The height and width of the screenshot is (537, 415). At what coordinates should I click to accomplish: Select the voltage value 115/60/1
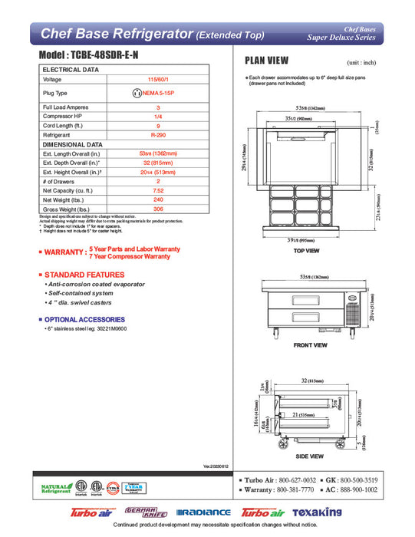[158, 79]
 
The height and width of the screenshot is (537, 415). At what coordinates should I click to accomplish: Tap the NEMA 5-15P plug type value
[158, 93]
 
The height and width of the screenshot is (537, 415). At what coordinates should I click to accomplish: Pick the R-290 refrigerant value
[158, 134]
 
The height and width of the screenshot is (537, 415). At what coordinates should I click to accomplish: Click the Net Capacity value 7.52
[158, 189]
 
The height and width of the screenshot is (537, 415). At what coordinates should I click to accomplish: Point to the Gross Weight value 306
[158, 209]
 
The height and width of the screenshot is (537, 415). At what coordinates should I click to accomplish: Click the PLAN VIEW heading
[265, 61]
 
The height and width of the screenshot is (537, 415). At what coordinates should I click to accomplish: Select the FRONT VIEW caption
[311, 346]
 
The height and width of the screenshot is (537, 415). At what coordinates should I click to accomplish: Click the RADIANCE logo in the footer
[203, 512]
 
